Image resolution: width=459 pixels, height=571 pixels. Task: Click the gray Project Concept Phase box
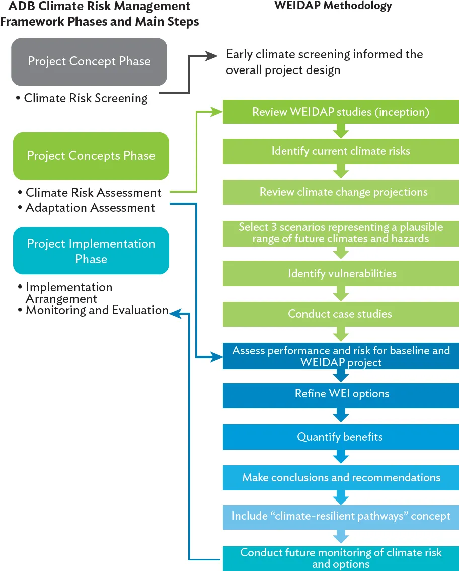click(x=89, y=62)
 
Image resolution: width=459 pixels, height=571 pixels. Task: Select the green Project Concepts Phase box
click(x=91, y=156)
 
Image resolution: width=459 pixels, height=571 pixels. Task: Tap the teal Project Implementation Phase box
click(x=91, y=251)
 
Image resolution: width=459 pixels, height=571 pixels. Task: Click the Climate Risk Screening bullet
click(x=86, y=98)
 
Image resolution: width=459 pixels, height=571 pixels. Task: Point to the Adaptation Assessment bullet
click(x=90, y=207)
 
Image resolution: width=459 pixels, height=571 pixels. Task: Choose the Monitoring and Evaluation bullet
click(x=97, y=310)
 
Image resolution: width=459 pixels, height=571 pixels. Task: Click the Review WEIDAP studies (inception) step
click(x=341, y=112)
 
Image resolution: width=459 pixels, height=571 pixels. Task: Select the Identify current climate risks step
click(x=341, y=151)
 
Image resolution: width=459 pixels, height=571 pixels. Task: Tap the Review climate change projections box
click(x=341, y=192)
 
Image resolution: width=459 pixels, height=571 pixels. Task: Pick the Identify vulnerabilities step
click(x=341, y=273)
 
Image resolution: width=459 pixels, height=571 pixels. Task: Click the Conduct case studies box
click(x=341, y=314)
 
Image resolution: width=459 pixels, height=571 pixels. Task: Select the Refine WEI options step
click(x=341, y=393)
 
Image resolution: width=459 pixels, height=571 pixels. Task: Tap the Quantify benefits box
click(x=341, y=437)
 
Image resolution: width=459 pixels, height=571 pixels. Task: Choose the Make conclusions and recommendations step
click(x=341, y=477)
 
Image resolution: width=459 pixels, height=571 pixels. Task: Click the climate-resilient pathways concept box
click(x=341, y=516)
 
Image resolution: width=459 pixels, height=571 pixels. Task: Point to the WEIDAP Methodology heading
click(x=333, y=6)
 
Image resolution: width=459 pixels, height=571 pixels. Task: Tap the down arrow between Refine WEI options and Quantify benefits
click(x=341, y=416)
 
